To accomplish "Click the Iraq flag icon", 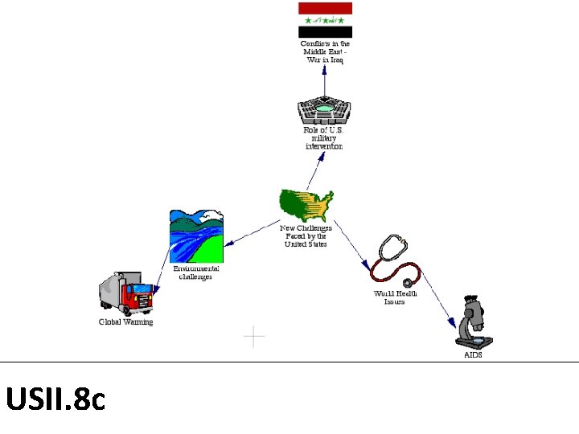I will point(326,20).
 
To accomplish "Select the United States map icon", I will point(306,206).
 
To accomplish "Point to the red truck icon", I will point(126,293).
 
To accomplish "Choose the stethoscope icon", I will point(395,260).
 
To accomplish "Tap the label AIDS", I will point(474,354).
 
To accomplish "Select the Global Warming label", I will point(125,322).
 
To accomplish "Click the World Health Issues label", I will point(395,298).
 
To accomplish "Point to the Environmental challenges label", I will point(196,272).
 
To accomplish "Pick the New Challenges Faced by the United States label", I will point(306,236).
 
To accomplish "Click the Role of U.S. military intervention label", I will point(324,138).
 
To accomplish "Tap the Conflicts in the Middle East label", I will point(325,51).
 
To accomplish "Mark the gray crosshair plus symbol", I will point(254,337).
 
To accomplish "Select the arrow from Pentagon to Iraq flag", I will point(325,80).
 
